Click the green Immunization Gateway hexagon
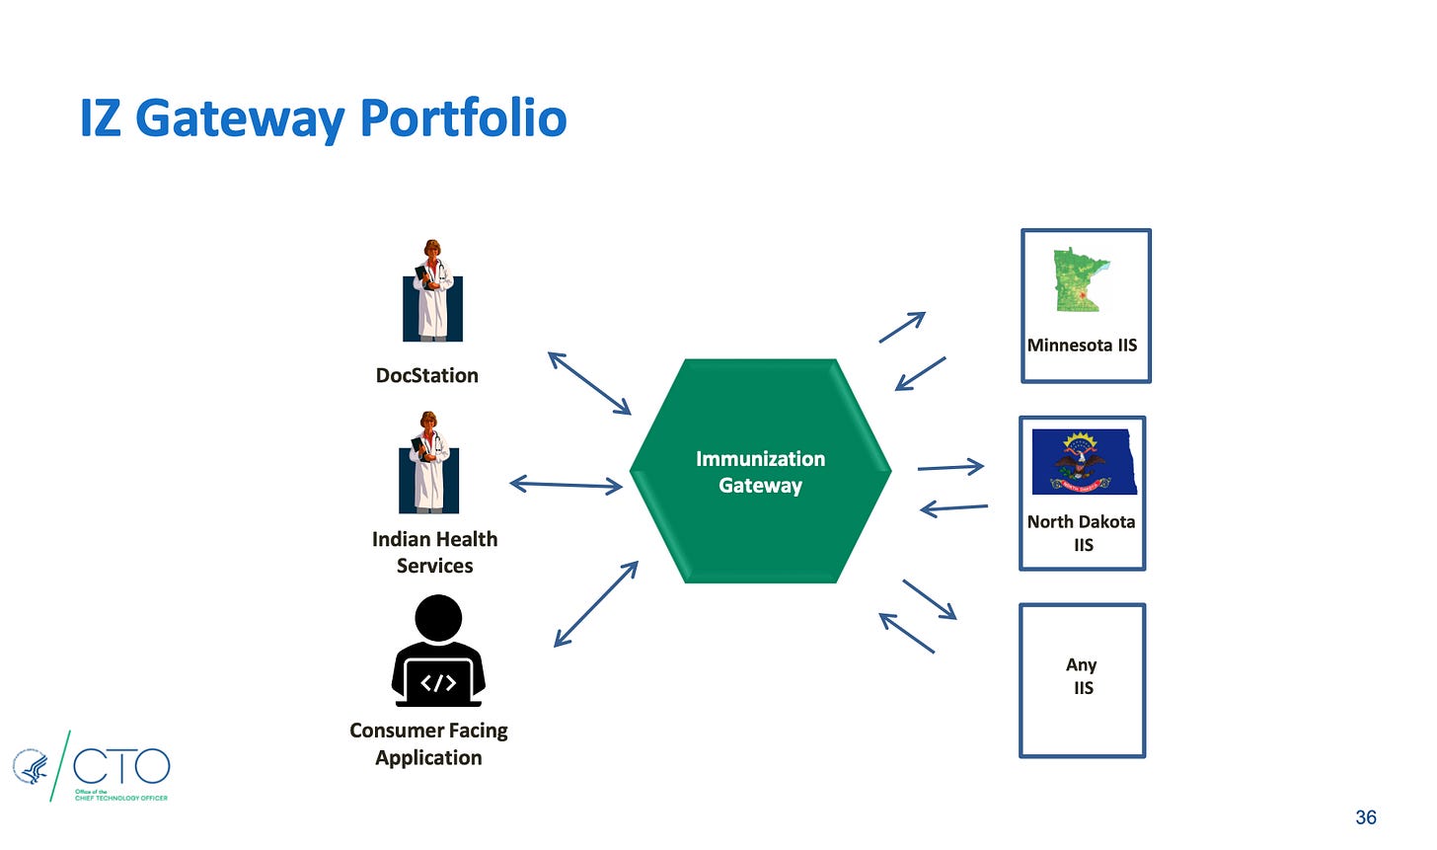(x=760, y=471)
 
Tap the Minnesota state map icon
(x=1081, y=280)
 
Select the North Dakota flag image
(x=1084, y=461)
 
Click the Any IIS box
(x=1083, y=680)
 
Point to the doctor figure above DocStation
(x=432, y=290)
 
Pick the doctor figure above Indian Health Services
(x=429, y=463)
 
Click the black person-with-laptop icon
(x=438, y=651)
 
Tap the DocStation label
(x=427, y=375)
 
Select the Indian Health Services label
(x=434, y=552)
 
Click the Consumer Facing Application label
(x=428, y=743)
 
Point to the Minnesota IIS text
(x=1082, y=346)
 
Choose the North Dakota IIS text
(x=1082, y=532)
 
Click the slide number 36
(x=1366, y=817)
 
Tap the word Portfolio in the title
(x=463, y=118)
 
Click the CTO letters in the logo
(x=121, y=767)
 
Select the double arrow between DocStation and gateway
(x=589, y=383)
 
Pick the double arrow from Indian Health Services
(x=566, y=484)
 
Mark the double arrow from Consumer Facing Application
(x=596, y=603)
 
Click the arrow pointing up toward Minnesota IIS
(x=902, y=327)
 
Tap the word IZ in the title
(x=100, y=118)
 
